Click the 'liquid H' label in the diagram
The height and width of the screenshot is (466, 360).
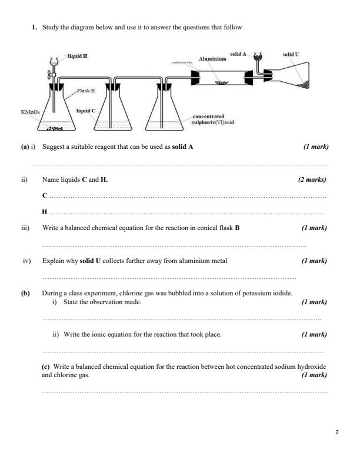[x=78, y=56]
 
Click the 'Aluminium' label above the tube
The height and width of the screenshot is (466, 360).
[x=212, y=59]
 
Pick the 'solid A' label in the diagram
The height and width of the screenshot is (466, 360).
[x=238, y=54]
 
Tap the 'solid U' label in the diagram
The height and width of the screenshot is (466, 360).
[x=291, y=54]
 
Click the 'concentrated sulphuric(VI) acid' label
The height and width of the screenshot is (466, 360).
[x=213, y=119]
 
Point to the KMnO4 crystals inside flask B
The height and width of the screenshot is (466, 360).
[x=55, y=128]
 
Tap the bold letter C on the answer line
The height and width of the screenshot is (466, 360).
[x=45, y=194]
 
